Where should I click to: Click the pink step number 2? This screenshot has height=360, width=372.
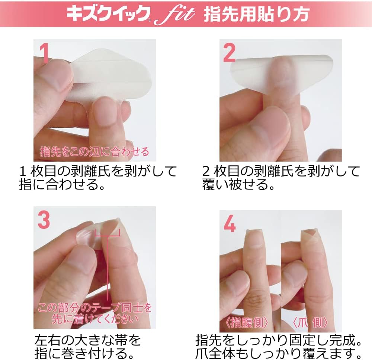229,53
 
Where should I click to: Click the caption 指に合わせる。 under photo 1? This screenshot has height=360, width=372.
61,185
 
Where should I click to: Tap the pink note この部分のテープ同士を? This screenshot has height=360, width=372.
95,308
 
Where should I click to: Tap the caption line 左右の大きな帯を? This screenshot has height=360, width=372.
87,339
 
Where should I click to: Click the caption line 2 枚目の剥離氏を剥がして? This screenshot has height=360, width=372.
281,171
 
